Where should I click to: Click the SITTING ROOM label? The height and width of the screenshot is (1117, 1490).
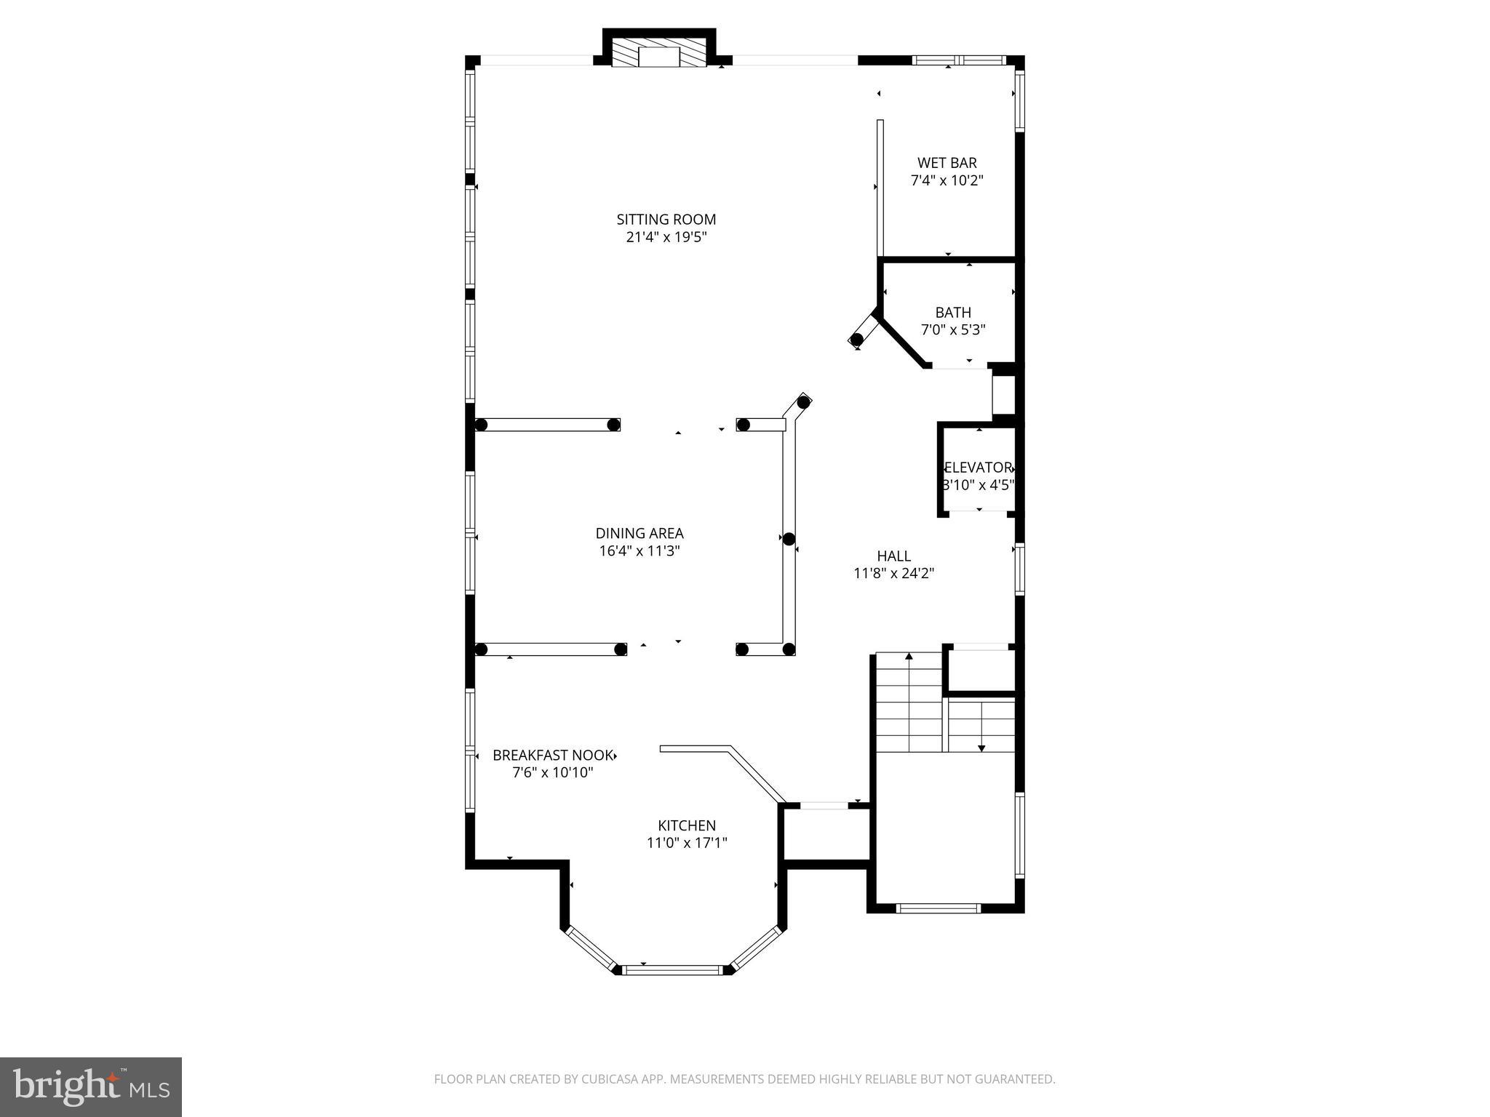coord(666,219)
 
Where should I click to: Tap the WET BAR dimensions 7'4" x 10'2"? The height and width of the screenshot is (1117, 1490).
coord(947,180)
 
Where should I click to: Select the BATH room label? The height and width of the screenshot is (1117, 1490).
coord(953,313)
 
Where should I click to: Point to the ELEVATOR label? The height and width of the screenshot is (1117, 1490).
coord(979,468)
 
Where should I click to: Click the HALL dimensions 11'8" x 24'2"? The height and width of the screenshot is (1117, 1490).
coord(893,573)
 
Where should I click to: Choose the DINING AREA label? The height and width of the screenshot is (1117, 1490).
coord(639,533)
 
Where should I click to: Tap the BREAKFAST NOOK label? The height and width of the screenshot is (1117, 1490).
coord(553,755)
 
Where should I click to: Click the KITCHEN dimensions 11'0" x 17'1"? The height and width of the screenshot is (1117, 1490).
coord(687,843)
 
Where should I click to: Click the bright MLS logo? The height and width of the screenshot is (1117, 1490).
coord(91,1086)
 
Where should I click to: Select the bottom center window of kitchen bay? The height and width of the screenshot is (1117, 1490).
coord(673,969)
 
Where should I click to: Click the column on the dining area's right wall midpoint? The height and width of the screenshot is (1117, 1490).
coord(789,539)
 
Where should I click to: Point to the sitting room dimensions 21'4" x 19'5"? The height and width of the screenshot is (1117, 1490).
coord(666,237)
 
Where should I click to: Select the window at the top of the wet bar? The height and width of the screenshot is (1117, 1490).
coord(959,60)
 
